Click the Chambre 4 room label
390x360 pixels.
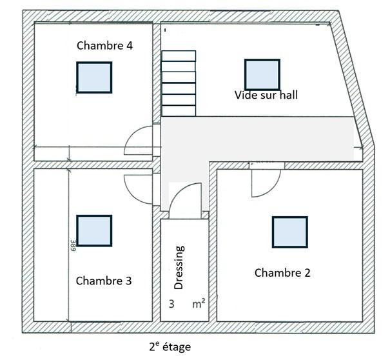tap(104, 46)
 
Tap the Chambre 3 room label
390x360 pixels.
tap(104, 281)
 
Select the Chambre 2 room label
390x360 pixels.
tap(282, 273)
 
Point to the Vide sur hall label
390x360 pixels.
tap(266, 95)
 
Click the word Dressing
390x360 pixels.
tap(179, 267)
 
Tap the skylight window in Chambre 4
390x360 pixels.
tap(94, 77)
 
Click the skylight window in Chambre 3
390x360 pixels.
tap(94, 230)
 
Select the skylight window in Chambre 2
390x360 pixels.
tap(290, 232)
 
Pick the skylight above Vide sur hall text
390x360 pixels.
tap(262, 74)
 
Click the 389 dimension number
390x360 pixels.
tap(73, 245)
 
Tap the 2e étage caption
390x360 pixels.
tap(170, 347)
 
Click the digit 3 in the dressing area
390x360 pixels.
tap(171, 304)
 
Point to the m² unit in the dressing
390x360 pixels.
tap(199, 304)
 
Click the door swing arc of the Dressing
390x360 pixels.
tap(177, 192)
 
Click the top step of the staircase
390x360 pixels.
tap(179, 55)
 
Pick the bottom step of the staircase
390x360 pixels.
tap(179, 111)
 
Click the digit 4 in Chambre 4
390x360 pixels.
tap(130, 46)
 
